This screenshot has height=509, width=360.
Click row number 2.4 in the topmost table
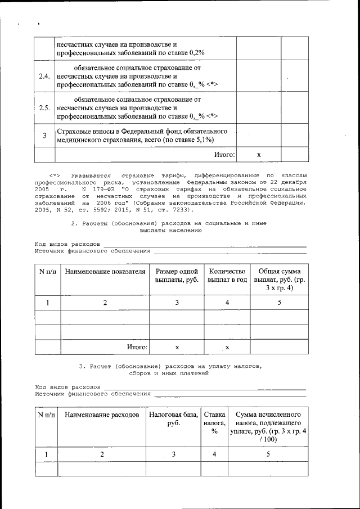click(44, 76)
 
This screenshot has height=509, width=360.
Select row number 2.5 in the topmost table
click(44, 107)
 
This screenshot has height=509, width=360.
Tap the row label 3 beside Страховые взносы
click(44, 136)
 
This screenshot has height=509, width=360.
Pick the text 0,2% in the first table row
click(195, 52)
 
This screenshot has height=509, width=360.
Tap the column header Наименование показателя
click(105, 272)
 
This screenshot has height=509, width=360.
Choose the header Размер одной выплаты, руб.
click(177, 276)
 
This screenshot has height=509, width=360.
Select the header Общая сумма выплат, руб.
click(280, 280)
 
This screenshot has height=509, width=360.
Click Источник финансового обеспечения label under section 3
click(93, 394)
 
